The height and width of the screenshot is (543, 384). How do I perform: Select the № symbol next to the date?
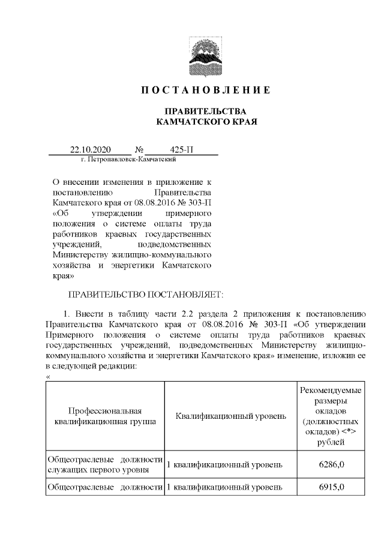[x=139, y=149]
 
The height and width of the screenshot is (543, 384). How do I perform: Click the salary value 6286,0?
[x=331, y=464]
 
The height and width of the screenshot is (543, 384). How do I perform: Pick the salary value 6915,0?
[x=331, y=485]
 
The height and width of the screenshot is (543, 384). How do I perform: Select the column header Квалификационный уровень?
[x=230, y=416]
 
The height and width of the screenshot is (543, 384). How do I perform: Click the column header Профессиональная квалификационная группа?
[x=105, y=416]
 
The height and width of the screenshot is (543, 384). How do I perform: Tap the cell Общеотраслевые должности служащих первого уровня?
[x=105, y=464]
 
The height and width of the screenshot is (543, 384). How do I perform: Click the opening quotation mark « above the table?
[x=48, y=376]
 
